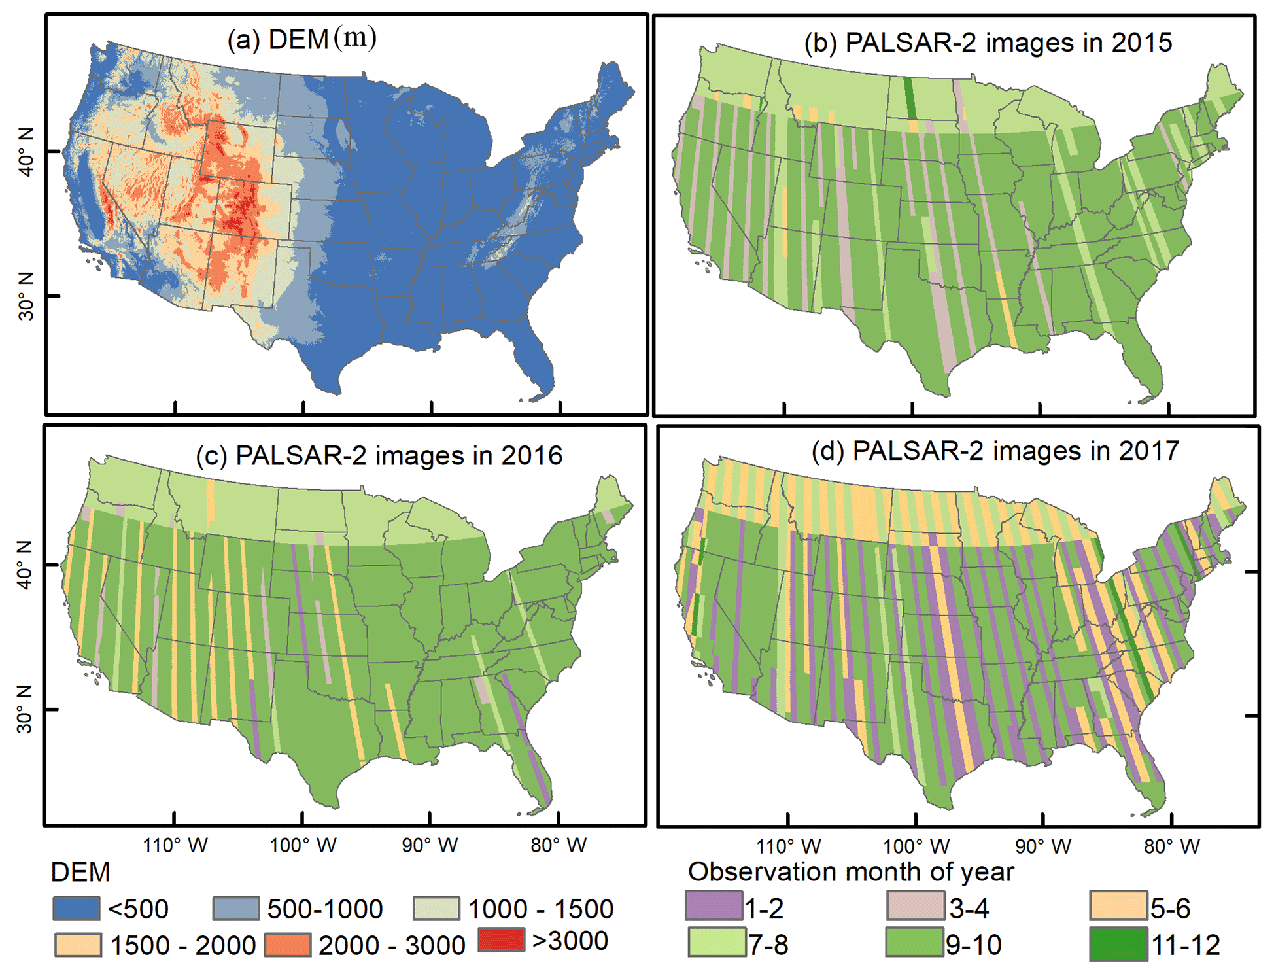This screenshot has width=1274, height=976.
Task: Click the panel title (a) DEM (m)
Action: tap(301, 39)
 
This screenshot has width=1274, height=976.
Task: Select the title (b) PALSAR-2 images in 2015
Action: tap(988, 43)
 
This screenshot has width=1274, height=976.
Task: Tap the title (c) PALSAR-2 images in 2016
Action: tap(379, 456)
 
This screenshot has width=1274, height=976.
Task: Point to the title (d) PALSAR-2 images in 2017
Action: tap(995, 451)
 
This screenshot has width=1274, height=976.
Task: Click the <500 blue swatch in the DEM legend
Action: tap(77, 909)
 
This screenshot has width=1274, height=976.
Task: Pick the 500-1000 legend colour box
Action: tap(236, 909)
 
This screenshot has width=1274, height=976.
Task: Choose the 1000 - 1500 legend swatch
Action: tap(437, 909)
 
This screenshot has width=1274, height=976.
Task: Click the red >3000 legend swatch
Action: tap(502, 940)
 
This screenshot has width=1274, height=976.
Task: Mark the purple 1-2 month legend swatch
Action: tap(714, 906)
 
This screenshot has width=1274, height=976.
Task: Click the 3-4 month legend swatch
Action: tap(915, 906)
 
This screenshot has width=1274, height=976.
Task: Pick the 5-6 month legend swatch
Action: tap(1118, 906)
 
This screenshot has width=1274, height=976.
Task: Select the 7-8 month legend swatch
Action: tap(716, 943)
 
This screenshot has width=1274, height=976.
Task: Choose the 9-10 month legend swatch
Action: tap(915, 943)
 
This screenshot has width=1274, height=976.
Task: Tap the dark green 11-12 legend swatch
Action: tap(1118, 943)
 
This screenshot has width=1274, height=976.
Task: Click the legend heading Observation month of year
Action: tap(851, 872)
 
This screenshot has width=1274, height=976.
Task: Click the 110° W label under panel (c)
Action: tap(175, 845)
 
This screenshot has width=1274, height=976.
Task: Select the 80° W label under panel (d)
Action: tap(1172, 846)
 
